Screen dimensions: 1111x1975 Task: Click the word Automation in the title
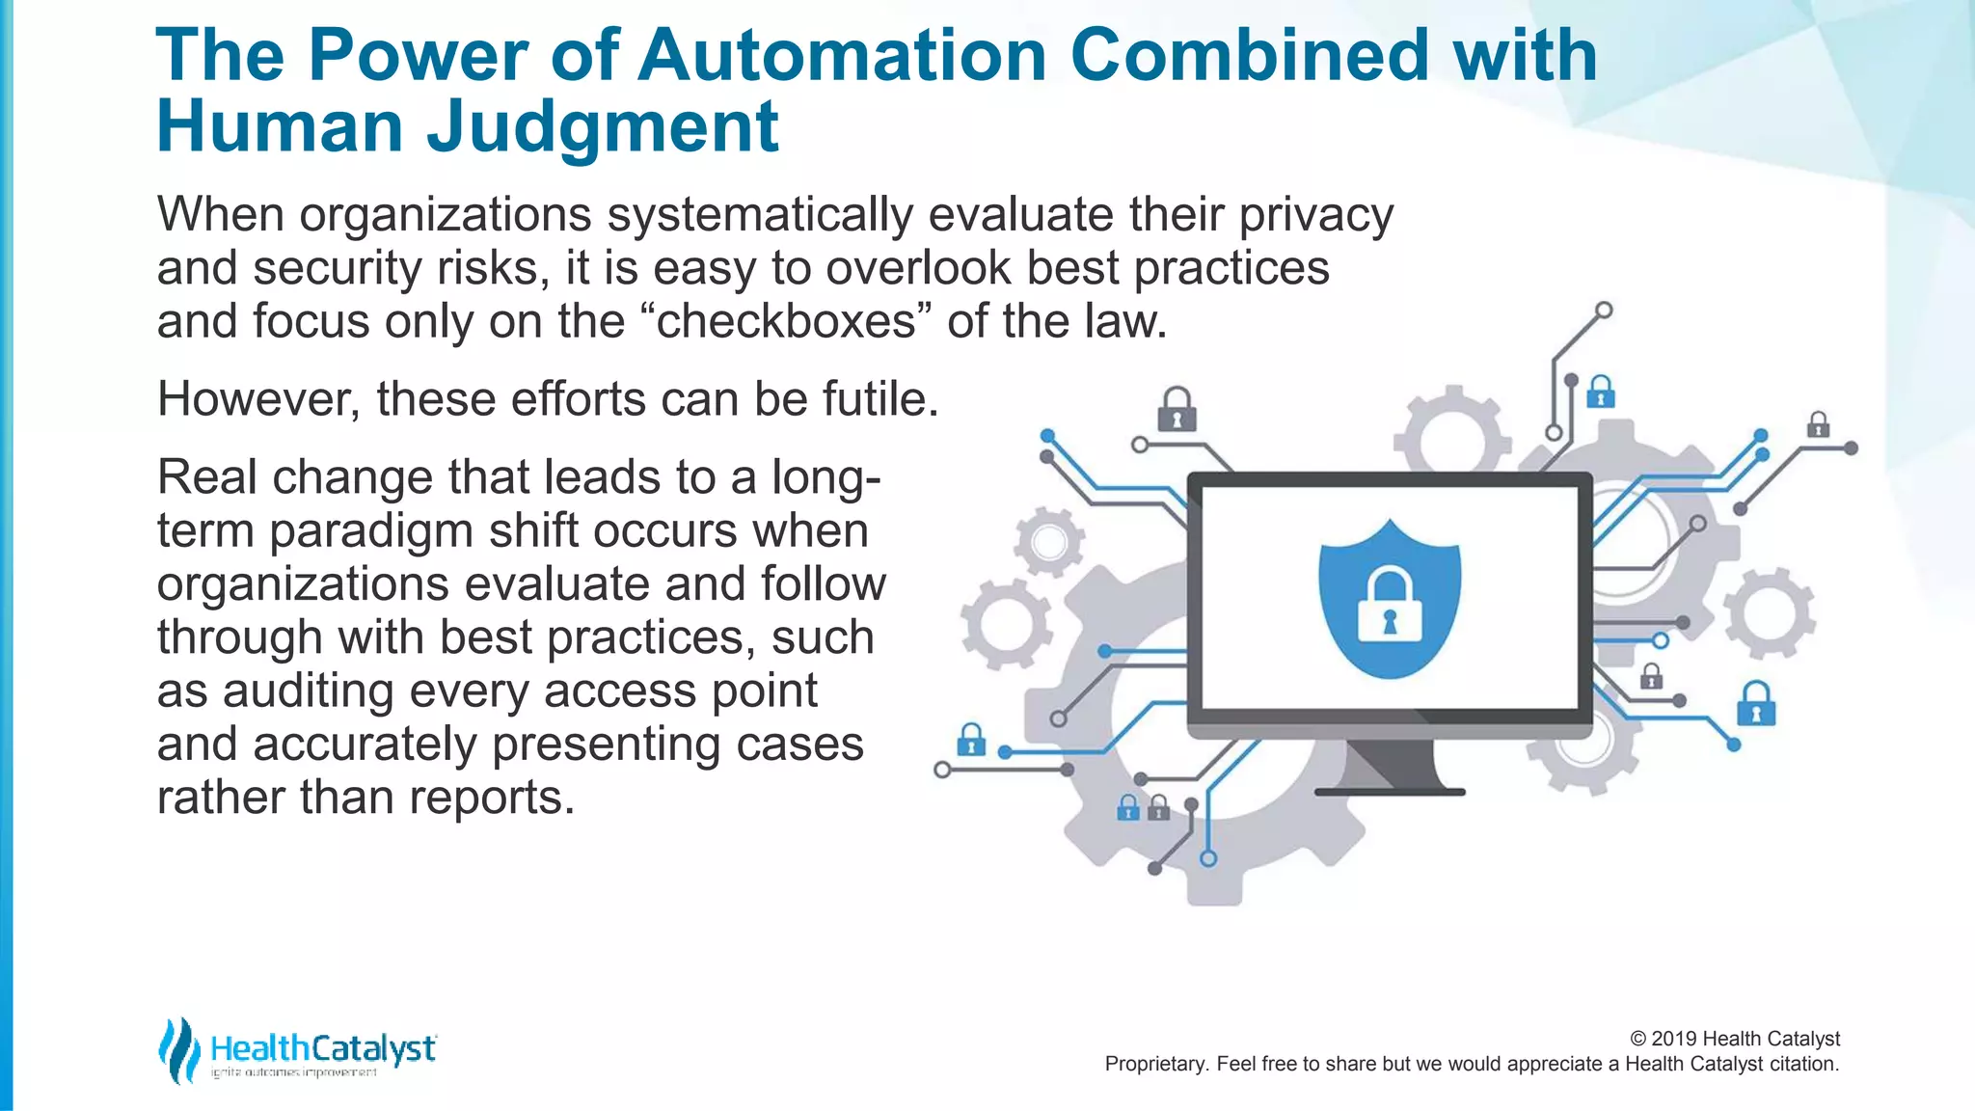click(842, 55)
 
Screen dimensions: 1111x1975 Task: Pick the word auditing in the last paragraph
click(308, 691)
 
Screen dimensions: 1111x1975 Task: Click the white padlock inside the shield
click(1389, 608)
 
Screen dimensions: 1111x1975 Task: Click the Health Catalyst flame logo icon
click(177, 1049)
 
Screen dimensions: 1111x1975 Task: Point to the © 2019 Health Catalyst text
click(1735, 1039)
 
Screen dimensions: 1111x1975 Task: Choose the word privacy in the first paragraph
click(1316, 215)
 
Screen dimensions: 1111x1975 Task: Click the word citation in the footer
click(1803, 1064)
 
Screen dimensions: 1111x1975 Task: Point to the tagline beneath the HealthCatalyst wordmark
click(293, 1072)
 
